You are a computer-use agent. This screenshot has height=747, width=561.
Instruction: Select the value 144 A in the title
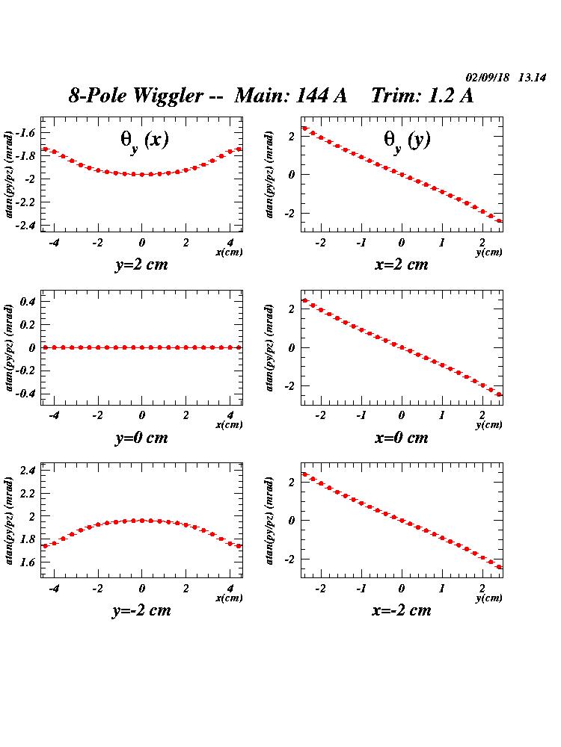tap(322, 96)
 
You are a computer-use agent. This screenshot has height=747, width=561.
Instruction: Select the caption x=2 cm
tap(402, 264)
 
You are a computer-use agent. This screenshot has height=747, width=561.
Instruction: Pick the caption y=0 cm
tap(141, 438)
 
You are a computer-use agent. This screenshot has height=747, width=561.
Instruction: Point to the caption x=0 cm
tap(402, 438)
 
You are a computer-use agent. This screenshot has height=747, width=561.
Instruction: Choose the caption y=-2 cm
tap(141, 610)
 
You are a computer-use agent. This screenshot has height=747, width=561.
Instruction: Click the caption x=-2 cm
tap(402, 610)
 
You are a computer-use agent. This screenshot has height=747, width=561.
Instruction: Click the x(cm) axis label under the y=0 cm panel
tap(229, 425)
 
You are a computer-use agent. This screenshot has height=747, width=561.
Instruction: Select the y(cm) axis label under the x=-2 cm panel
tap(488, 598)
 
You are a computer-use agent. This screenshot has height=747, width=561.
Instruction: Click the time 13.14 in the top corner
tap(532, 78)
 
